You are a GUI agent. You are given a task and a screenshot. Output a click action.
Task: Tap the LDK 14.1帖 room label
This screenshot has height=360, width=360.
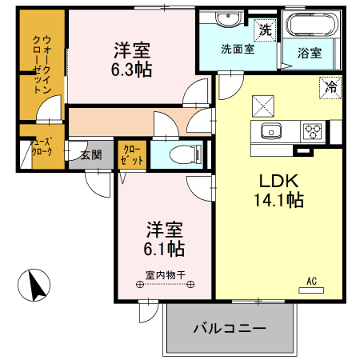point(279,190)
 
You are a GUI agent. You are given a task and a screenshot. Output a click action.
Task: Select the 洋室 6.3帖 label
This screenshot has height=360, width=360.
point(132,59)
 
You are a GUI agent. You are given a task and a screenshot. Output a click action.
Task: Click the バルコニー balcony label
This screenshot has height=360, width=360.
point(230,328)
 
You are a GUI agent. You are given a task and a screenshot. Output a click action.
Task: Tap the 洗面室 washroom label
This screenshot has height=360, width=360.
point(238,49)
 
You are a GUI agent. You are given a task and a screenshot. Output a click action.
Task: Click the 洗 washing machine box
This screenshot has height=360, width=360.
point(264,30)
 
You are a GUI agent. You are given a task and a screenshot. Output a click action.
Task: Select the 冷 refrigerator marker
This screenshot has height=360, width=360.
point(329,86)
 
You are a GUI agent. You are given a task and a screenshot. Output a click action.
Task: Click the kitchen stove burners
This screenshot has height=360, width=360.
point(312,131)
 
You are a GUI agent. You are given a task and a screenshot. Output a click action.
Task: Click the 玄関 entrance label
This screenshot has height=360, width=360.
point(90,155)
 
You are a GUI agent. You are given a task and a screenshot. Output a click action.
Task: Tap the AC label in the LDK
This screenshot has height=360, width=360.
point(312,281)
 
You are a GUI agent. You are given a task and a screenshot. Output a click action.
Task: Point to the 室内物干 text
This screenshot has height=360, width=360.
point(165,275)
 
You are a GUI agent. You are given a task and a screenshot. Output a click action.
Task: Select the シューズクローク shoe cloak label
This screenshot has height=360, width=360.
point(42,150)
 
